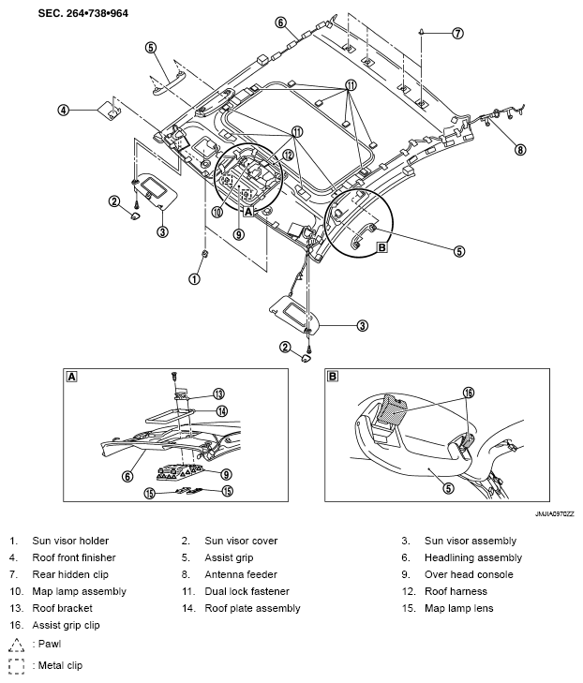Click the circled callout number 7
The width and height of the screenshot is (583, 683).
click(457, 33)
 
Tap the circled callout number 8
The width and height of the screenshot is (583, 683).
click(520, 150)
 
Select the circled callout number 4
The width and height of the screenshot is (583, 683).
click(64, 110)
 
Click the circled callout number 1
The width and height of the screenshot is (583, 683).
click(194, 279)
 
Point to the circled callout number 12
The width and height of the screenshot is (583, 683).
click(288, 156)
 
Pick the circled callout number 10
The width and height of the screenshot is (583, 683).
click(217, 212)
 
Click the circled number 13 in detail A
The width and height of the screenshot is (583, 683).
click(218, 393)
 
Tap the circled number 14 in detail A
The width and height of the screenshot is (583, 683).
click(222, 410)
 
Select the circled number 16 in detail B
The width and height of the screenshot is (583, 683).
click(468, 393)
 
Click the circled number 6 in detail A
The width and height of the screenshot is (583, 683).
click(127, 477)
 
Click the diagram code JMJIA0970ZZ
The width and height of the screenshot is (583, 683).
click(554, 514)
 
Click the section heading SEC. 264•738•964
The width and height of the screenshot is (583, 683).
click(82, 13)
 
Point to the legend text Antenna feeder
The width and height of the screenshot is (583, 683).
click(241, 574)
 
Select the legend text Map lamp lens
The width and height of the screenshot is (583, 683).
click(459, 608)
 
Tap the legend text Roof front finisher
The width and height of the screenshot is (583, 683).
click(74, 557)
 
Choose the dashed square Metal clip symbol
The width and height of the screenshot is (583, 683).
click(17, 666)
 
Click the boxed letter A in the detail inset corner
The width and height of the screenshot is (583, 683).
click(71, 377)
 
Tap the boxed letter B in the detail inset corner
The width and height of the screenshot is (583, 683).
click(332, 376)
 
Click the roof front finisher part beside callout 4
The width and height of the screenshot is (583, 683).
click(109, 110)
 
